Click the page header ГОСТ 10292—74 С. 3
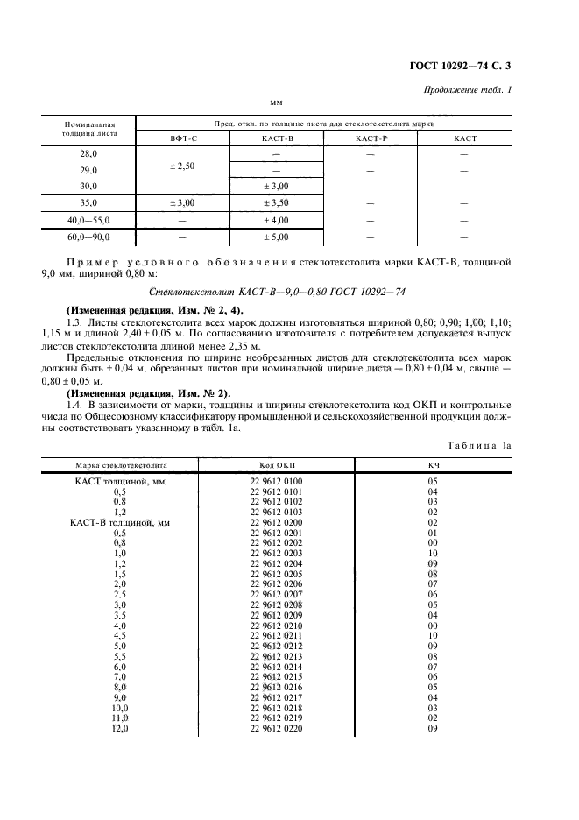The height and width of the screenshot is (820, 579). [469, 67]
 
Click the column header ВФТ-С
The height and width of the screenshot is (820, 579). [183, 138]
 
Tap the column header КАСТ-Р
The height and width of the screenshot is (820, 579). [370, 138]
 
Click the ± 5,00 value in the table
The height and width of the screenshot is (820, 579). [276, 237]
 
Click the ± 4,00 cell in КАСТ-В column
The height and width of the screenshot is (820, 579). [276, 220]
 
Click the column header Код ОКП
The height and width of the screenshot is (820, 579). [277, 465]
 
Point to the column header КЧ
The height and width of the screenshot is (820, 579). [432, 465]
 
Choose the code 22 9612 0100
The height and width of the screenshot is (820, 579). [277, 482]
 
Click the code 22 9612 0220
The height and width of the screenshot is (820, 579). [277, 727]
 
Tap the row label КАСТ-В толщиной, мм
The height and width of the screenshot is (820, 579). [119, 522]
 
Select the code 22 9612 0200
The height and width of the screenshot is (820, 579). [277, 522]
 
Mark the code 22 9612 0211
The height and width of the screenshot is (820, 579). [277, 635]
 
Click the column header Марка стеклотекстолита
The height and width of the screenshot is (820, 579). [121, 465]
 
